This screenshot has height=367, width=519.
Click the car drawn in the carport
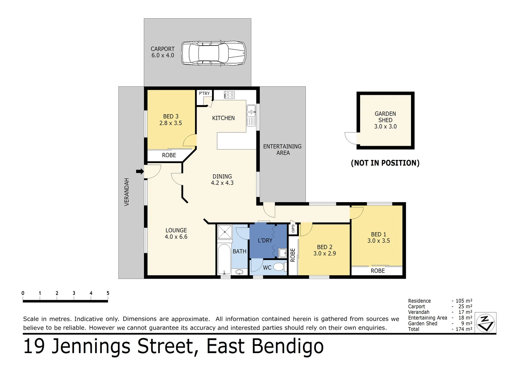tap(213, 53)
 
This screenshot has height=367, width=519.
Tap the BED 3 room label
tap(171, 120)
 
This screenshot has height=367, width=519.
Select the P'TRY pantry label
tap(204, 93)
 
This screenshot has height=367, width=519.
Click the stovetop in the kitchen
tap(229, 95)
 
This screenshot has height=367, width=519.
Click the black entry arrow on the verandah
tap(140, 171)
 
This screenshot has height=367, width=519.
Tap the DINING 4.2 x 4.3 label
tap(222, 179)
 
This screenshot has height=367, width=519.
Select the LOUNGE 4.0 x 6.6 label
tap(176, 233)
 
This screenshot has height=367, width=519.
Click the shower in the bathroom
tap(225, 232)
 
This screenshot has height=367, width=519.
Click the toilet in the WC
tap(279, 267)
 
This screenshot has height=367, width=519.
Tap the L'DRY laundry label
tap(265, 240)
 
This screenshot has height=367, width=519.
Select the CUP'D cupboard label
tap(293, 229)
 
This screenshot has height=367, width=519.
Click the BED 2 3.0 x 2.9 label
tap(324, 250)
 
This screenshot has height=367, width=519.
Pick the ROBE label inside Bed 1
tap(378, 270)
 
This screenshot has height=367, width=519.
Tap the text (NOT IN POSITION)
tap(385, 163)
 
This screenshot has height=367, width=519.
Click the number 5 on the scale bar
tap(108, 293)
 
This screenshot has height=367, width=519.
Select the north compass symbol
tap(485, 323)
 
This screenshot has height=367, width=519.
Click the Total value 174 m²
tap(464, 329)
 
